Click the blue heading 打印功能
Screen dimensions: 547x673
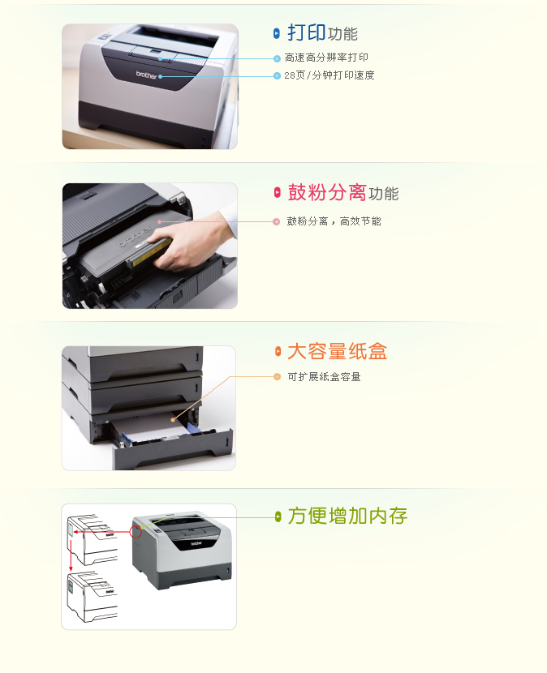click(x=322, y=33)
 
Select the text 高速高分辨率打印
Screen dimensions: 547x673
click(x=326, y=58)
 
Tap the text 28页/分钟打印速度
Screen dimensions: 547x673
click(x=329, y=75)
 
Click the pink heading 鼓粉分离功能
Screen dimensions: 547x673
click(x=343, y=192)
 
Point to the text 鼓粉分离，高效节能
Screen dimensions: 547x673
click(x=334, y=221)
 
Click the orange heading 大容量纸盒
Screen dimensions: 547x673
click(x=338, y=351)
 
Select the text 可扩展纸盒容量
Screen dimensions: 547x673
click(x=324, y=377)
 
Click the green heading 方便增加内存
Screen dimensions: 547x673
click(x=347, y=516)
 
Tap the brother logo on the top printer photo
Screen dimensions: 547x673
click(x=146, y=75)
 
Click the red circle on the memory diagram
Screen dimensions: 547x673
click(x=136, y=532)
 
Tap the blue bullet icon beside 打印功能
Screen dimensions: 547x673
click(x=277, y=33)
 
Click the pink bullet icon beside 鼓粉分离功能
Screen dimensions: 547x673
click(x=278, y=192)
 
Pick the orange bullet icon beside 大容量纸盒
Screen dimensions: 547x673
click(x=278, y=351)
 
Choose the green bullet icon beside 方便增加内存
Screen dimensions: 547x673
click(x=278, y=517)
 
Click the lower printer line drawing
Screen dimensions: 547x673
click(x=92, y=597)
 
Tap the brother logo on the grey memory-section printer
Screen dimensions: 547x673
click(x=196, y=543)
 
